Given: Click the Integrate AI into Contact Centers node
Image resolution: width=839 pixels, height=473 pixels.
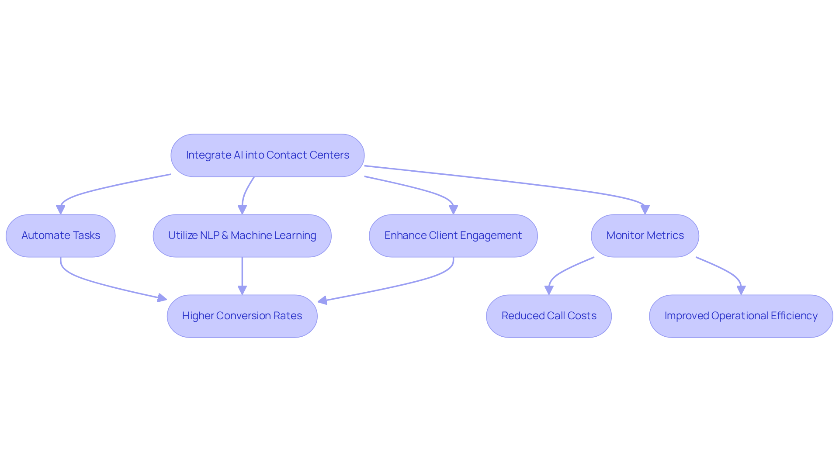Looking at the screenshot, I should tap(267, 155).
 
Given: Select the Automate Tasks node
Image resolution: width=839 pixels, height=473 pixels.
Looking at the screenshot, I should tap(61, 236).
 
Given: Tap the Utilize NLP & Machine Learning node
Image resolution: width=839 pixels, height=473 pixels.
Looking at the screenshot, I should tap(242, 236).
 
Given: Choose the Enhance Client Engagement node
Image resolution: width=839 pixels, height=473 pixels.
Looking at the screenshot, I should tap(453, 236).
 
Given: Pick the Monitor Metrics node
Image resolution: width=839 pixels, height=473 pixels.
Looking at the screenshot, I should tap(645, 236).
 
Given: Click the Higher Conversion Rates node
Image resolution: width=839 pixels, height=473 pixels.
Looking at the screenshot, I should tap(242, 316).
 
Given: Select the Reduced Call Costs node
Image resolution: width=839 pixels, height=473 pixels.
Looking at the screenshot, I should tap(549, 316).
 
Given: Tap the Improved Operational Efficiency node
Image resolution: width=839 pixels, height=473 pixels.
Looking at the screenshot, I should tap(741, 316).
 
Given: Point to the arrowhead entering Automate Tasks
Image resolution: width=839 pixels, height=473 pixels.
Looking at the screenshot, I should tap(61, 210).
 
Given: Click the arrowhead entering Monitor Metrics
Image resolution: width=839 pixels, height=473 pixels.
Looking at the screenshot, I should tap(645, 210).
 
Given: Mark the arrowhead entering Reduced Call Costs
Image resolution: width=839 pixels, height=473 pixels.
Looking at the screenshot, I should tap(549, 290).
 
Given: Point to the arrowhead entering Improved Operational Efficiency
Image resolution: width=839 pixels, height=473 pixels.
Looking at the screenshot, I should tap(741, 290).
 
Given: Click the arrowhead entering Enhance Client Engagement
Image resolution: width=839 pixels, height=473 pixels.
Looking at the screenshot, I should tap(453, 210).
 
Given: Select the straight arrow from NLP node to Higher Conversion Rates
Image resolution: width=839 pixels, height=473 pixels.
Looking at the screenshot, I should tap(242, 273).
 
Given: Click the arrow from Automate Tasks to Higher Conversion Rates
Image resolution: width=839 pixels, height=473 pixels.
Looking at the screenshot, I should tap(101, 284).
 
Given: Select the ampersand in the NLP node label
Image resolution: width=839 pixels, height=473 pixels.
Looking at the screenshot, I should tap(225, 235).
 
